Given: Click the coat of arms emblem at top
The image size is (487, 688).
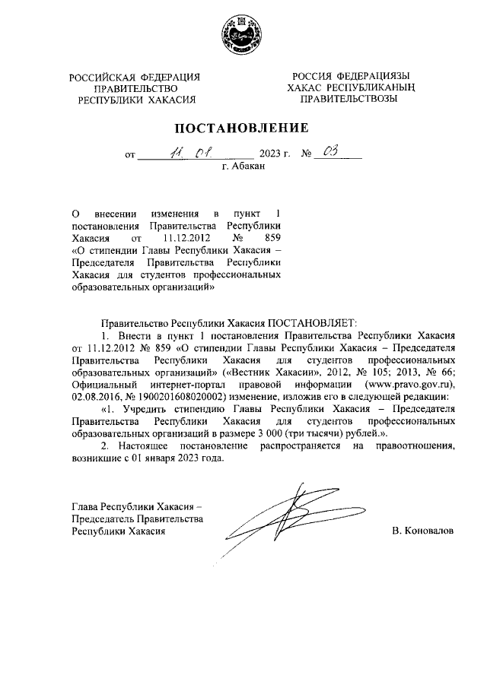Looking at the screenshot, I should click(x=243, y=36).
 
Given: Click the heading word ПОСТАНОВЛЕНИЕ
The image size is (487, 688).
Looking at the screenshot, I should click(x=243, y=128).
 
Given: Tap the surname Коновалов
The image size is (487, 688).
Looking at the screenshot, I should click(x=423, y=531).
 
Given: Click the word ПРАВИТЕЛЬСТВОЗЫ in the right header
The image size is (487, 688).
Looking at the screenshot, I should click(x=350, y=100).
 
